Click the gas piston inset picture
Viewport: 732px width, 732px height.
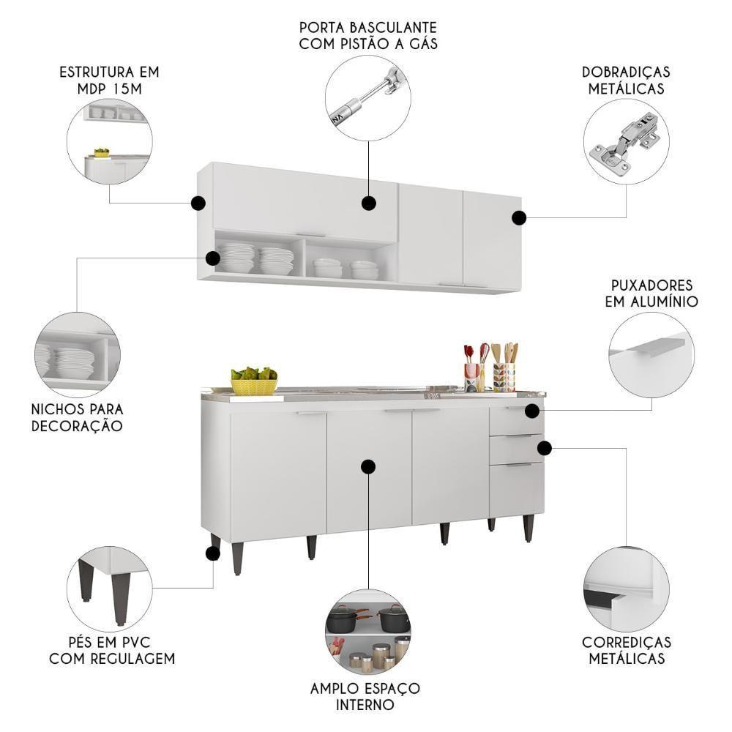[368, 97]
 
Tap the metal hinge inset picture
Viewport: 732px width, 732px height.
[627, 141]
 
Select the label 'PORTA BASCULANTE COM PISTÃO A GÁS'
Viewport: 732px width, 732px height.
[368, 35]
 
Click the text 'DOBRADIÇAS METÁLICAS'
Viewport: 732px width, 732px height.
[626, 81]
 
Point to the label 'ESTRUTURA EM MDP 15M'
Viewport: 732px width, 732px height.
[109, 81]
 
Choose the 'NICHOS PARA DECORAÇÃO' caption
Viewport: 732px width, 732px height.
[77, 418]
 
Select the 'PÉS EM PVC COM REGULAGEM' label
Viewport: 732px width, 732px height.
[112, 650]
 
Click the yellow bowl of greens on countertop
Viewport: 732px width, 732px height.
[254, 381]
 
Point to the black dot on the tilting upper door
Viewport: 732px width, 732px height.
[369, 203]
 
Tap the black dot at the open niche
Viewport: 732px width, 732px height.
[213, 258]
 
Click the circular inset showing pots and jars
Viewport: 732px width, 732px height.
[368, 635]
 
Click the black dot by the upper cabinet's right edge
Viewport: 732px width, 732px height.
[519, 218]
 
